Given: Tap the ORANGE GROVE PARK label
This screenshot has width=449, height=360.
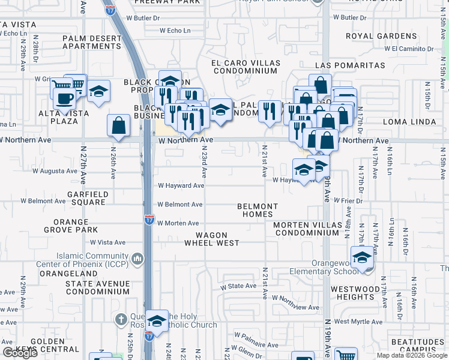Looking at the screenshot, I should (x=79, y=226).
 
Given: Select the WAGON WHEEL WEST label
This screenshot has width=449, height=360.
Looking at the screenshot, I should (x=211, y=239).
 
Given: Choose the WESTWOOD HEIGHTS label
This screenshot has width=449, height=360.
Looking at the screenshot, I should (x=355, y=293).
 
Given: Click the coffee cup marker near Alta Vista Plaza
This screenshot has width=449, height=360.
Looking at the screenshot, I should (x=65, y=98).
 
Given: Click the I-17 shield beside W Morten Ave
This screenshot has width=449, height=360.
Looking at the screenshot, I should (x=148, y=220).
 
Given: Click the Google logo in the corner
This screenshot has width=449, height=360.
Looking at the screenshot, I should (x=20, y=353).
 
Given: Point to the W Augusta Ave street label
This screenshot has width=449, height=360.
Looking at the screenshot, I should (x=55, y=171).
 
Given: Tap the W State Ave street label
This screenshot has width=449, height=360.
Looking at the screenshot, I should (x=238, y=286).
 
